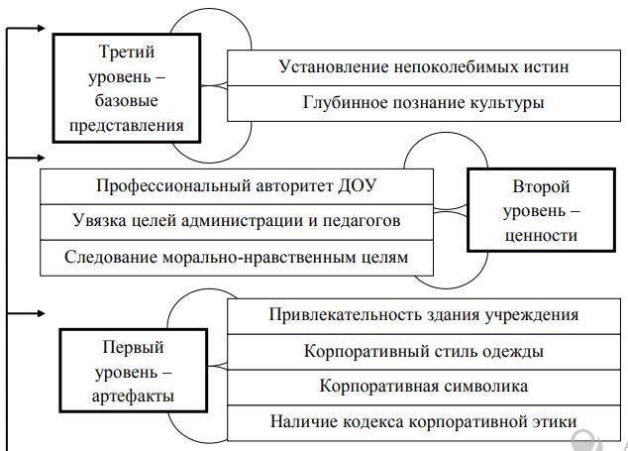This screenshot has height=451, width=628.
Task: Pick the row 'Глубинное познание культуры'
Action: (424, 102)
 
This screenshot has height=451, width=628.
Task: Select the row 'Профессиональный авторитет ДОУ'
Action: (237, 185)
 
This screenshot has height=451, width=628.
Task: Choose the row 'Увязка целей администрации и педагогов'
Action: (237, 220)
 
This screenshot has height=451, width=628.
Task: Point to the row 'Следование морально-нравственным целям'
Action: (237, 256)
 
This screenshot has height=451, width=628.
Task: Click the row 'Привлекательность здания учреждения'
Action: (424, 315)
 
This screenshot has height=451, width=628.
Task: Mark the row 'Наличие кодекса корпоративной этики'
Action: (424, 420)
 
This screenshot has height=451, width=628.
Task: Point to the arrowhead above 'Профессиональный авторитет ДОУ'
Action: (40, 157)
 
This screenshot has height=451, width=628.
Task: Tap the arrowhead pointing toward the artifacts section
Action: (40, 313)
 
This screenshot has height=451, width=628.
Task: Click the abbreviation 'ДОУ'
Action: (357, 185)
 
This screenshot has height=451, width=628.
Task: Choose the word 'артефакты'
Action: (138, 395)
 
